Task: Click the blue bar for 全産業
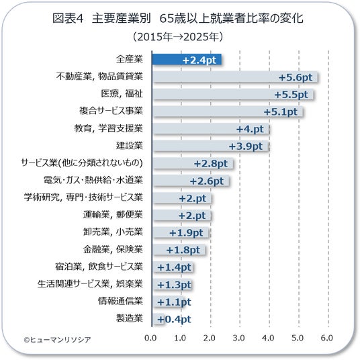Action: click(187, 60)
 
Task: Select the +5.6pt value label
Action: click(296, 77)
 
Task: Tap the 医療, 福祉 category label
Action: click(122, 93)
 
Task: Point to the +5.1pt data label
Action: click(281, 112)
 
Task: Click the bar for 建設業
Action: click(210, 146)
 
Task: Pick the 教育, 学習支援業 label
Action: click(108, 128)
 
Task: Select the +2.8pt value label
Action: click(211, 164)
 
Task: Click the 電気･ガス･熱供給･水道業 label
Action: click(93, 180)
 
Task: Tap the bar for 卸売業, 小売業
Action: click(181, 232)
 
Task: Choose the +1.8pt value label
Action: click(183, 250)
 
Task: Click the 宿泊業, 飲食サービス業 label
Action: click(99, 267)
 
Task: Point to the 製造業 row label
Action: click(130, 318)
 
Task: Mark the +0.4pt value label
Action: click(174, 319)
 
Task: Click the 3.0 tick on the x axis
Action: click(239, 338)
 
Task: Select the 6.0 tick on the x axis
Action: click(327, 338)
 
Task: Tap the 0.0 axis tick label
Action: click(150, 338)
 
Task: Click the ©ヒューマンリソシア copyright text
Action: click(57, 340)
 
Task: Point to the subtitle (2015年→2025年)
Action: click(178, 37)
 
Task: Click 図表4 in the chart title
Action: click(68, 18)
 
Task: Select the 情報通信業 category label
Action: click(120, 301)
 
